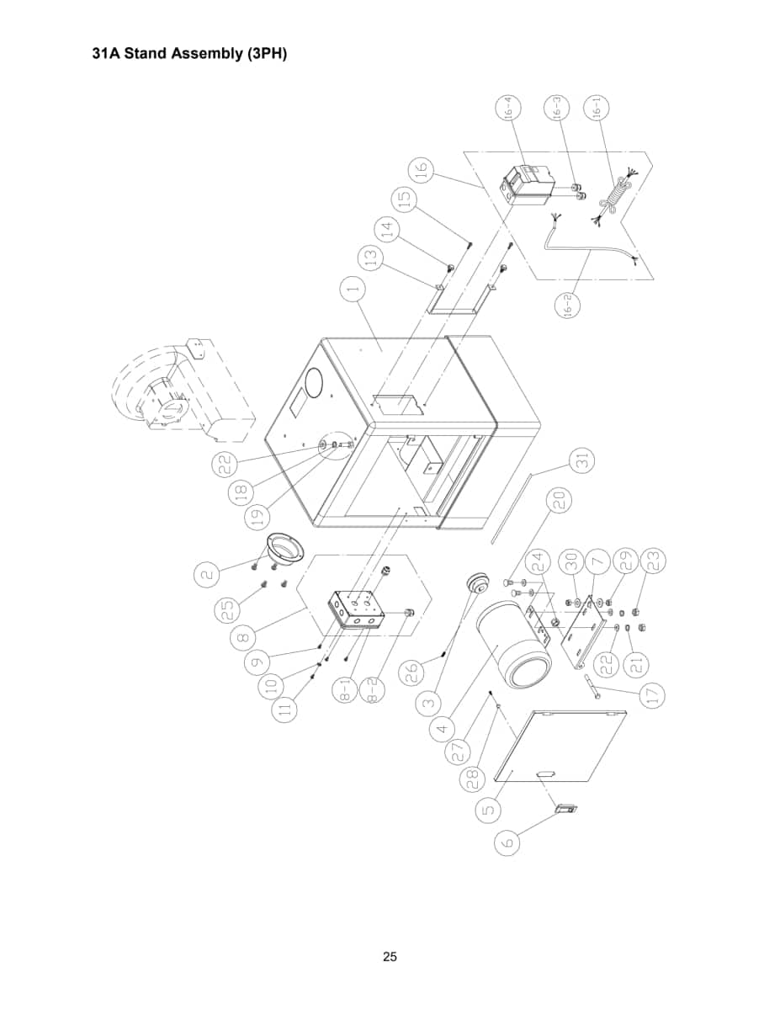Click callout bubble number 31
tap(582, 460)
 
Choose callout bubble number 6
tap(507, 855)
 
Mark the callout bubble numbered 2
tap(206, 572)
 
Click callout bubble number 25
tap(228, 610)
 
